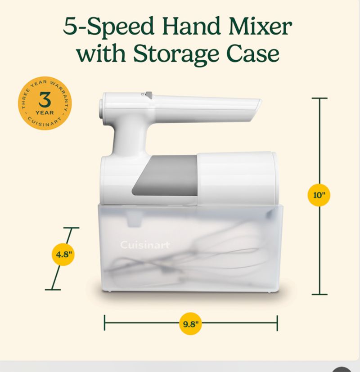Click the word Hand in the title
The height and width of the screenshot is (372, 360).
tap(192, 27)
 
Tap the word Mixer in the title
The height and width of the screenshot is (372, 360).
tap(261, 27)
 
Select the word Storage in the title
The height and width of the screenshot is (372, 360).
tap(175, 54)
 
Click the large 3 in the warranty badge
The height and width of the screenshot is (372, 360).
tap(45, 100)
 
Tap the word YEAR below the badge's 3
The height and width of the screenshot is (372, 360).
tap(45, 113)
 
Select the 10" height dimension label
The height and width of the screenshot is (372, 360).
tap(319, 195)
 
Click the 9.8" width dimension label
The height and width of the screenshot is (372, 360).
tap(190, 323)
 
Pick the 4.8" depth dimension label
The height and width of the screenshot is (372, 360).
tap(63, 255)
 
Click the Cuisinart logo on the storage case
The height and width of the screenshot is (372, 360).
tap(145, 245)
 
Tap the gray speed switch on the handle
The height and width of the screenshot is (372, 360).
tap(148, 95)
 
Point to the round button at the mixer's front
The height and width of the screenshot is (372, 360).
tap(101, 109)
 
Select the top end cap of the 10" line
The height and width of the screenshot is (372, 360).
tap(319, 98)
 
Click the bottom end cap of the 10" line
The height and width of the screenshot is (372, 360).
tap(319, 295)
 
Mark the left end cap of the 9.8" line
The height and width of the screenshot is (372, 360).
tap(105, 323)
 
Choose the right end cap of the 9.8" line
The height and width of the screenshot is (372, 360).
tap(277, 323)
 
